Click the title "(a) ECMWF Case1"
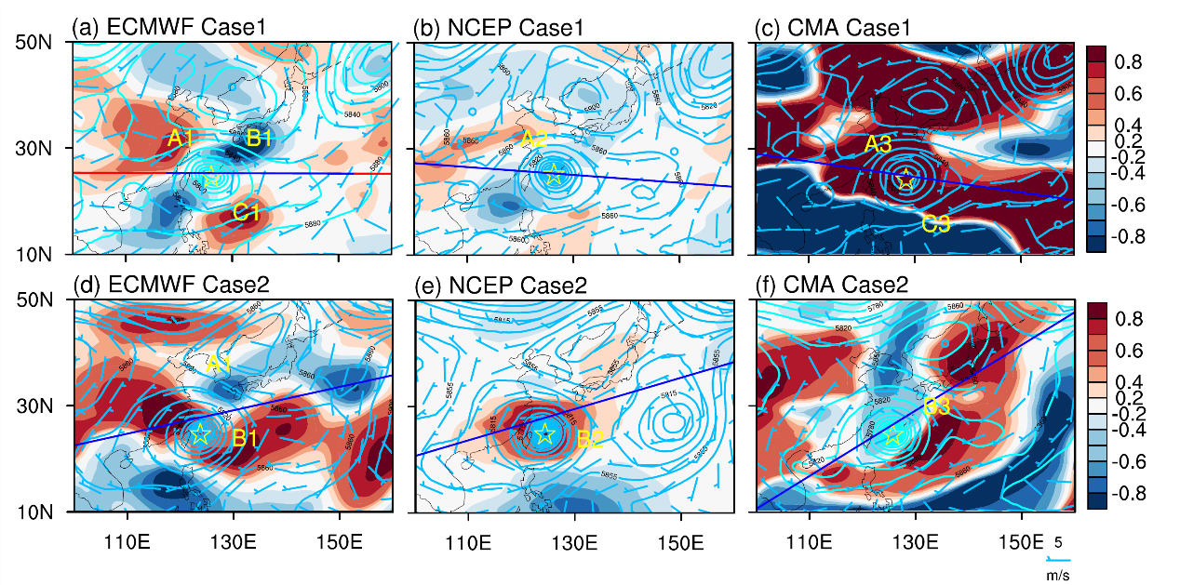pos(169,28)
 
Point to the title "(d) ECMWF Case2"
pos(170,285)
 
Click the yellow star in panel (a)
pos(211,175)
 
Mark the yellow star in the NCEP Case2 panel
pos(544,433)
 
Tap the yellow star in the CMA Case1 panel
pos(905,179)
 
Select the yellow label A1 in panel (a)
pos(181,140)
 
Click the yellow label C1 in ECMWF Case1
pos(246,213)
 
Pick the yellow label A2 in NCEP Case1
pos(533,140)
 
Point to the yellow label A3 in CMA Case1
pos(878,143)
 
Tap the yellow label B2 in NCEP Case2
pos(590,440)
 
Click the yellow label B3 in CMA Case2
pos(936,406)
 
